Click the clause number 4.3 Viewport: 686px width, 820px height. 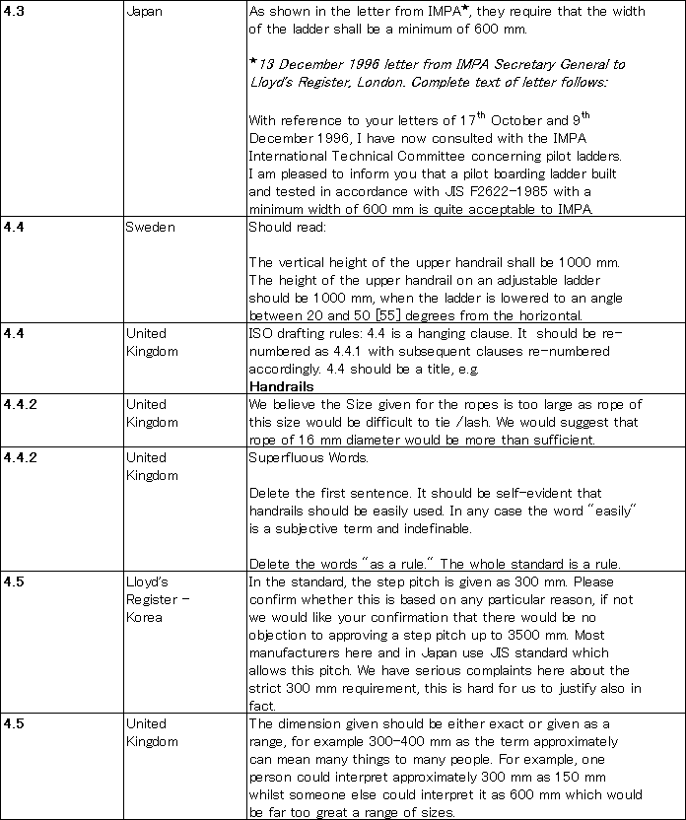pos(14,11)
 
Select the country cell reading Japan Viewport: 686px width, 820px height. pos(144,11)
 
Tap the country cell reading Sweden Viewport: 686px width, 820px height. pos(149,227)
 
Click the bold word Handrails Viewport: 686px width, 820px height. pos(281,386)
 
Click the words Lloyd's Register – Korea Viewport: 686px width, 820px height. pos(158,599)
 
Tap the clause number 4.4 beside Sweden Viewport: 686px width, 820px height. pos(14,227)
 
